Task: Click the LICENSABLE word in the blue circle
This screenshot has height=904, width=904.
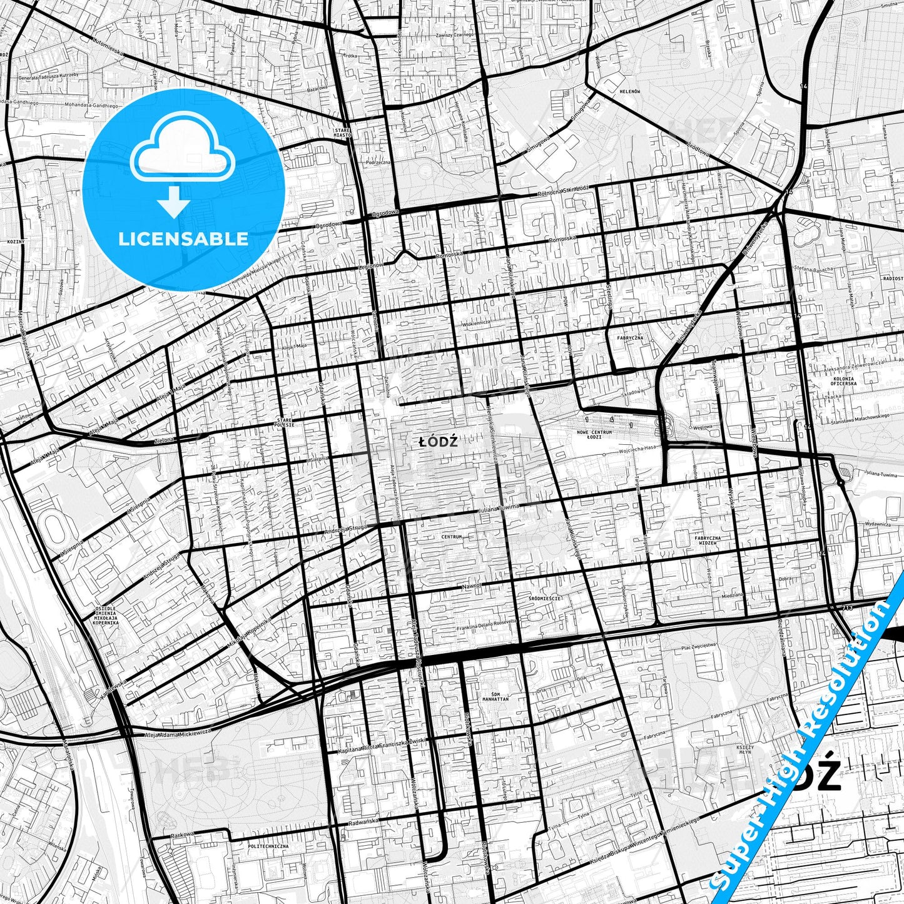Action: [184, 239]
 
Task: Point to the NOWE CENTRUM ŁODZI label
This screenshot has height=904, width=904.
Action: [594, 434]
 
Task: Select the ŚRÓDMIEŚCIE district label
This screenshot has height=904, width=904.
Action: [544, 598]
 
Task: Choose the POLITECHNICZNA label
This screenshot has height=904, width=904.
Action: [268, 846]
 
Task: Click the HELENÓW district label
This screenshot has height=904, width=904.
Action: [629, 91]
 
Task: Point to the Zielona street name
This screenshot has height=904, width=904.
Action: [165, 440]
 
